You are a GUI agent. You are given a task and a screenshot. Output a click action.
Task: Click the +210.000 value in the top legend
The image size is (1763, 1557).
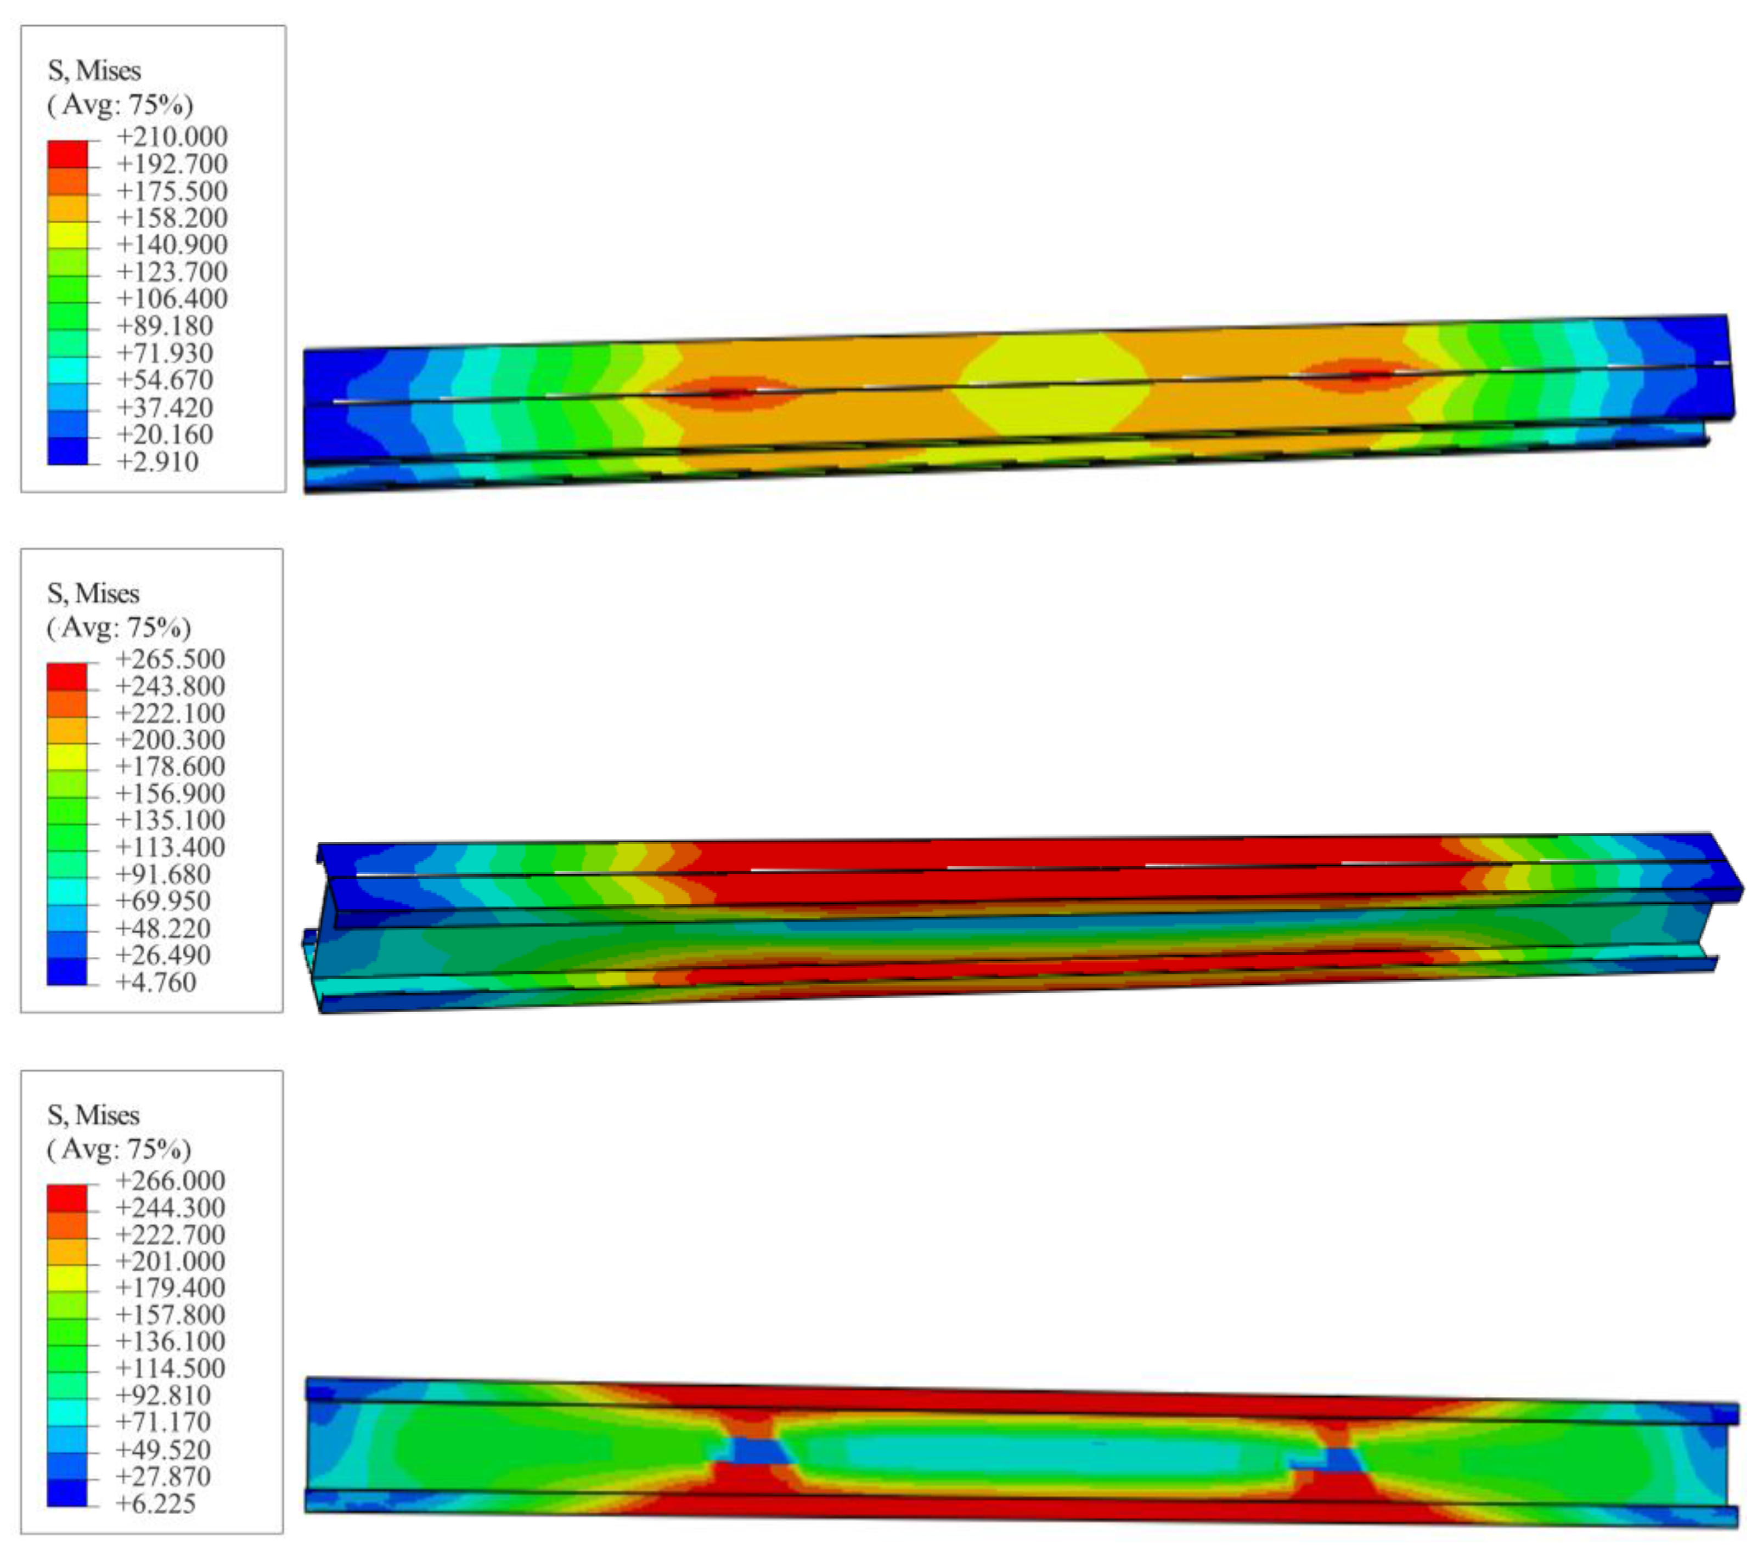[172, 136]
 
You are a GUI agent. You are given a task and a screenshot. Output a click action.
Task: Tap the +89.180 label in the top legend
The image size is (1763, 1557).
[164, 326]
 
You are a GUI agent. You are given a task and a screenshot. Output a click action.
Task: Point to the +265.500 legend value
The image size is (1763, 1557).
[170, 659]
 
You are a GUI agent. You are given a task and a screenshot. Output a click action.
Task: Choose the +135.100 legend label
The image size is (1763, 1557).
[170, 820]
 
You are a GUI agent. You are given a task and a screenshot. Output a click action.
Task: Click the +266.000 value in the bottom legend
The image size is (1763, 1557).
[170, 1180]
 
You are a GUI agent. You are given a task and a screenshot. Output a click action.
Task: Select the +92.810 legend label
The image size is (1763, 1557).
[163, 1395]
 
